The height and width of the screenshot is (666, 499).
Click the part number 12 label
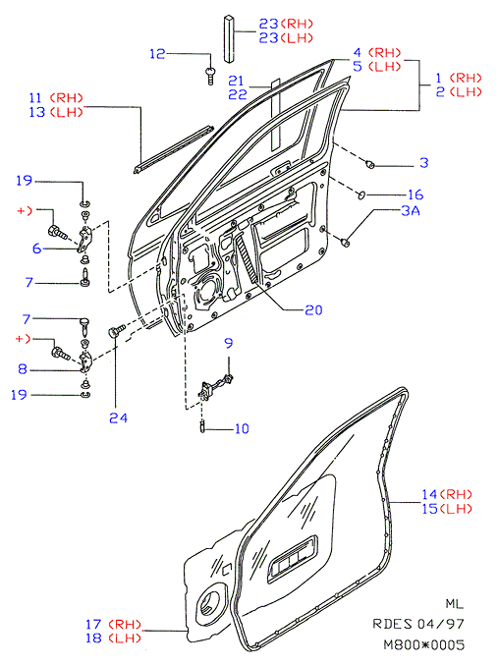[x=157, y=54]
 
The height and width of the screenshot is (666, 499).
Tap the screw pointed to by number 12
[x=210, y=76]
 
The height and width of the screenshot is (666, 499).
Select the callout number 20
[x=313, y=310]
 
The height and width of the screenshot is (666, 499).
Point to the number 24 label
[x=118, y=418]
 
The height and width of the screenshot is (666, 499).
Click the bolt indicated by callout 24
[x=117, y=330]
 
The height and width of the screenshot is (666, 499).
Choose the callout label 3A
[x=411, y=210]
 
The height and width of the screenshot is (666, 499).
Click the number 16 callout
[x=416, y=194]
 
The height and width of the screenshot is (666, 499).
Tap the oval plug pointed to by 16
[x=362, y=195]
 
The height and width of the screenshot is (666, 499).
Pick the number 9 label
[x=229, y=343]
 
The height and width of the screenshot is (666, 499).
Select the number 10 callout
[x=242, y=429]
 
